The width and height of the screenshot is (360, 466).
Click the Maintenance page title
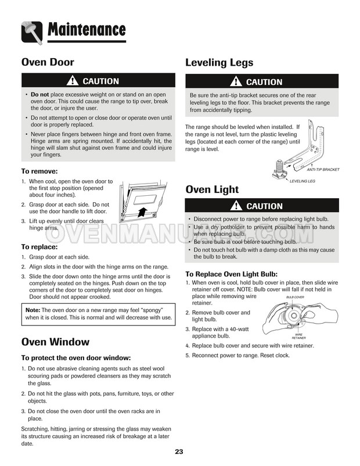coord(87,29)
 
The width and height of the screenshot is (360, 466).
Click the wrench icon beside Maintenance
coord(32,31)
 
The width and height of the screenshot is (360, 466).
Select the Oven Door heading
coord(48,62)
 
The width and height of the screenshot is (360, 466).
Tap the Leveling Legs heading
coord(219,63)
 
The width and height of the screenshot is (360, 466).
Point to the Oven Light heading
coord(212,189)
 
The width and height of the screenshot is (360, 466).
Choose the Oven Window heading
coord(55,342)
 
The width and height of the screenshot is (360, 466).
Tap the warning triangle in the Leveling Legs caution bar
coord(235,82)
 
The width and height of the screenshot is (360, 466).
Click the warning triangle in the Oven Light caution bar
coord(235,206)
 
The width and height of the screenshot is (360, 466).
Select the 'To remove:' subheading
coord(39,171)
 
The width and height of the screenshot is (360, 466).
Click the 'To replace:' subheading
coord(40,246)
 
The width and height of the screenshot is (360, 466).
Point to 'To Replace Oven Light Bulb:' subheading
coord(231,274)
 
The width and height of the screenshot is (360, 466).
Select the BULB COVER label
coord(296,297)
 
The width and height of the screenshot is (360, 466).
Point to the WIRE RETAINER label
coord(299,336)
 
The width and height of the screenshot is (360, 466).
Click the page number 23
coord(179,453)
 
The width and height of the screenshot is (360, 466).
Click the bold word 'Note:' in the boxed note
coord(33,310)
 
